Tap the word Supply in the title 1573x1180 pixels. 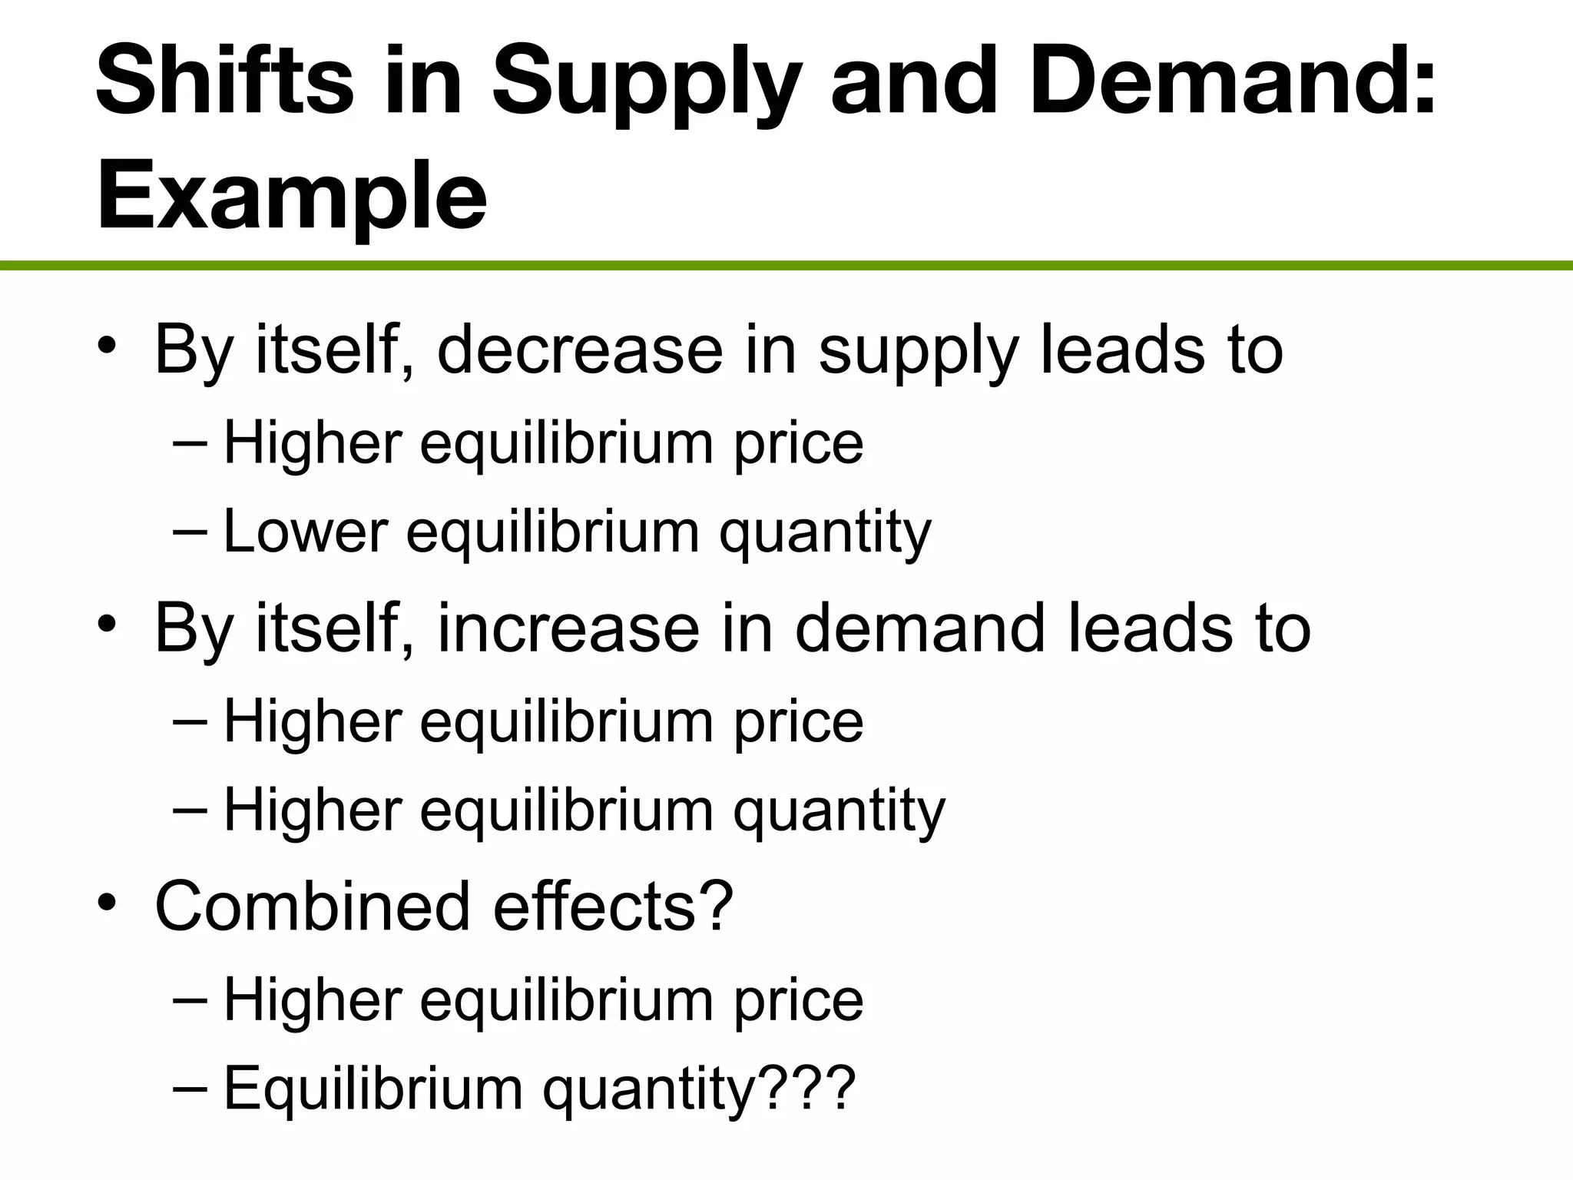[x=646, y=85]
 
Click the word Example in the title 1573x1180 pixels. [x=292, y=196]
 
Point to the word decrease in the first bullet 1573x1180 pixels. [x=580, y=350]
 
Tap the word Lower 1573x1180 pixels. [x=306, y=532]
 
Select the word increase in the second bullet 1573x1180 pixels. [x=568, y=628]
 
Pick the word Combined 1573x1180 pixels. [x=312, y=907]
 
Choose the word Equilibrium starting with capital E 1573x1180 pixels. [x=373, y=1089]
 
